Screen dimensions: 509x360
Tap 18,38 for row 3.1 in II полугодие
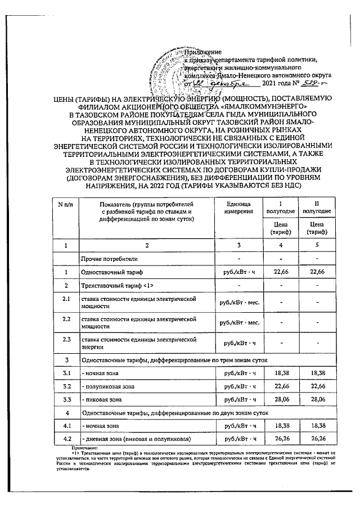(317, 373)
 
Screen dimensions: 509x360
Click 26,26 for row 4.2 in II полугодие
(317, 439)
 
